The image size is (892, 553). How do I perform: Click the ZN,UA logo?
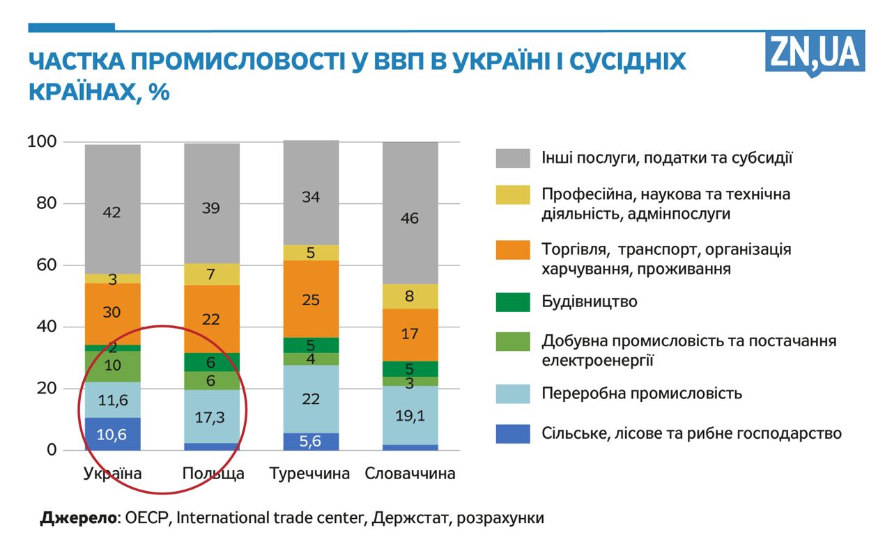pyautogui.click(x=815, y=52)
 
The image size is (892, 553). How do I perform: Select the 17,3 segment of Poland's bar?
pyautogui.click(x=212, y=417)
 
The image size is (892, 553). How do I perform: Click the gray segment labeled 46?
pyautogui.click(x=410, y=218)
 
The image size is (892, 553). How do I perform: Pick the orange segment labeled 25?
pyautogui.click(x=311, y=299)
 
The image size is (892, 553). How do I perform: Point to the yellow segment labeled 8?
pyautogui.click(x=410, y=296)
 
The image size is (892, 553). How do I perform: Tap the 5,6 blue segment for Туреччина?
pyautogui.click(x=311, y=441)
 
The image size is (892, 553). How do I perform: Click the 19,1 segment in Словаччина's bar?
pyautogui.click(x=410, y=416)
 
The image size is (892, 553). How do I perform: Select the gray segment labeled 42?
pyautogui.click(x=112, y=212)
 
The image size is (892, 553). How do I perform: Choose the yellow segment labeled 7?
pyautogui.click(x=212, y=274)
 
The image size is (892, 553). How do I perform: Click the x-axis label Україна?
pyautogui.click(x=112, y=474)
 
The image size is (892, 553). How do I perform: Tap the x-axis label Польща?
pyautogui.click(x=213, y=474)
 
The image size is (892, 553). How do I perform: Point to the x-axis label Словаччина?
pyautogui.click(x=410, y=474)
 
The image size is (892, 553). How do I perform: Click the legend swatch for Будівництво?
pyautogui.click(x=513, y=302)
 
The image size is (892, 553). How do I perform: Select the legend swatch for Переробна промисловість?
pyautogui.click(x=513, y=394)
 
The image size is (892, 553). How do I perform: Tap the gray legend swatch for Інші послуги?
pyautogui.click(x=513, y=157)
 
